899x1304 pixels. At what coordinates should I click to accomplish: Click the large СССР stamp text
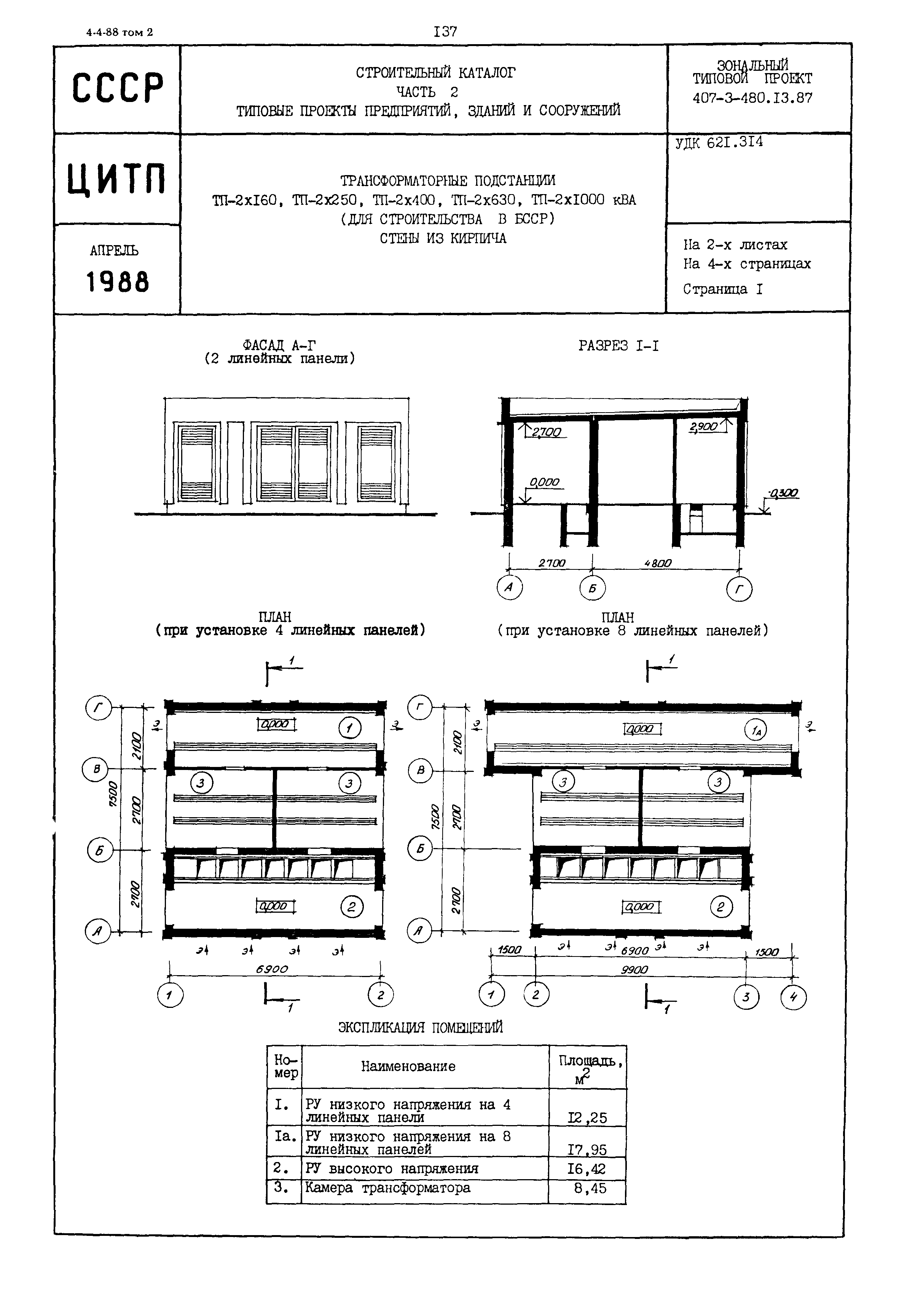click(118, 88)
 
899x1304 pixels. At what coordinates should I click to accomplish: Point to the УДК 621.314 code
click(719, 143)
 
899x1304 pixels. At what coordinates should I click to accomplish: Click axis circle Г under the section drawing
click(739, 589)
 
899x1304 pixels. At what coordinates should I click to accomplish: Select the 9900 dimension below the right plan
click(634, 970)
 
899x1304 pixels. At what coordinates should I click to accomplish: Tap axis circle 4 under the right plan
click(793, 997)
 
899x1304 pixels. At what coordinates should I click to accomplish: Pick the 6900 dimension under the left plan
click(272, 969)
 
